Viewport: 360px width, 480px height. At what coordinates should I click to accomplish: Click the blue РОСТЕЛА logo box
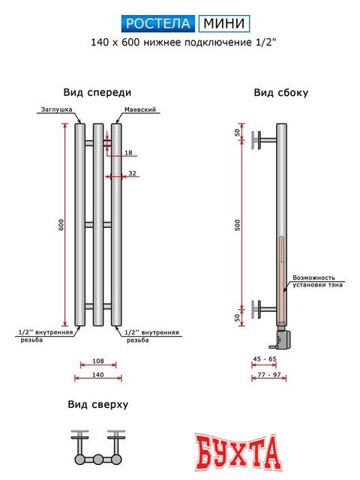(158, 23)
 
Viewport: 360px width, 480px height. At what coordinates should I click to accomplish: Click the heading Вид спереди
(97, 92)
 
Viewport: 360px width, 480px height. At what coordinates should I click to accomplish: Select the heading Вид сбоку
(280, 93)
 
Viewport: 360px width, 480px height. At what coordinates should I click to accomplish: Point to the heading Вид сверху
(97, 404)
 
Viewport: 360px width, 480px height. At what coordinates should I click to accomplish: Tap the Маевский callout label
(140, 109)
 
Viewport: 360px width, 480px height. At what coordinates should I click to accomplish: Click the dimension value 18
(128, 153)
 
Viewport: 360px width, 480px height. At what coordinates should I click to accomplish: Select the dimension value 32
(133, 173)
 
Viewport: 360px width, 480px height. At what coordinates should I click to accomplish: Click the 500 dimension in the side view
(237, 224)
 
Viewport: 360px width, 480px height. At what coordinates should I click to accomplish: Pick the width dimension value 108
(97, 361)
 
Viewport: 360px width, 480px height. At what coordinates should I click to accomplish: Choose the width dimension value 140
(97, 373)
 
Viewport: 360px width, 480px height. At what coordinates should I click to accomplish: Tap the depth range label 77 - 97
(268, 373)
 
